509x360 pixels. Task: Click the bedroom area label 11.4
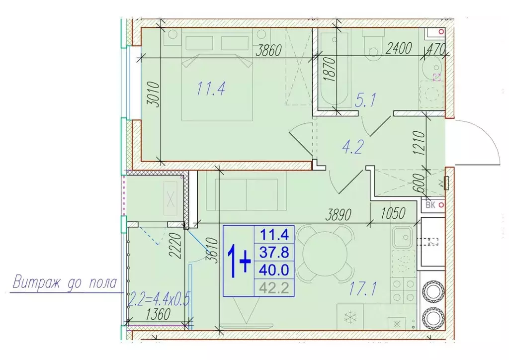pos(211,89)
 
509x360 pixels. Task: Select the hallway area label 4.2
pos(353,147)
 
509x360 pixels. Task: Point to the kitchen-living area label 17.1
pos(362,288)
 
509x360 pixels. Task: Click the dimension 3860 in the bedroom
pos(268,51)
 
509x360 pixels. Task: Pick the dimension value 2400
pos(399,48)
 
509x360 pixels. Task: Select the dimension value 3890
pos(339,215)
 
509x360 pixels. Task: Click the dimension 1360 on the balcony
pos(158,314)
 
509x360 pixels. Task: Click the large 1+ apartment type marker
pos(239,261)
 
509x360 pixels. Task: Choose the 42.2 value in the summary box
pos(274,287)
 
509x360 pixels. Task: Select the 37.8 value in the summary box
pos(274,252)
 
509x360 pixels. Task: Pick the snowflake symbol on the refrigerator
pos(350,317)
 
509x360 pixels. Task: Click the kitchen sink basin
pos(403,237)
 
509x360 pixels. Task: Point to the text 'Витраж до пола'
pos(65,283)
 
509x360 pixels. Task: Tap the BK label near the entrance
pos(430,205)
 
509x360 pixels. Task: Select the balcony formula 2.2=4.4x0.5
pos(159,299)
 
